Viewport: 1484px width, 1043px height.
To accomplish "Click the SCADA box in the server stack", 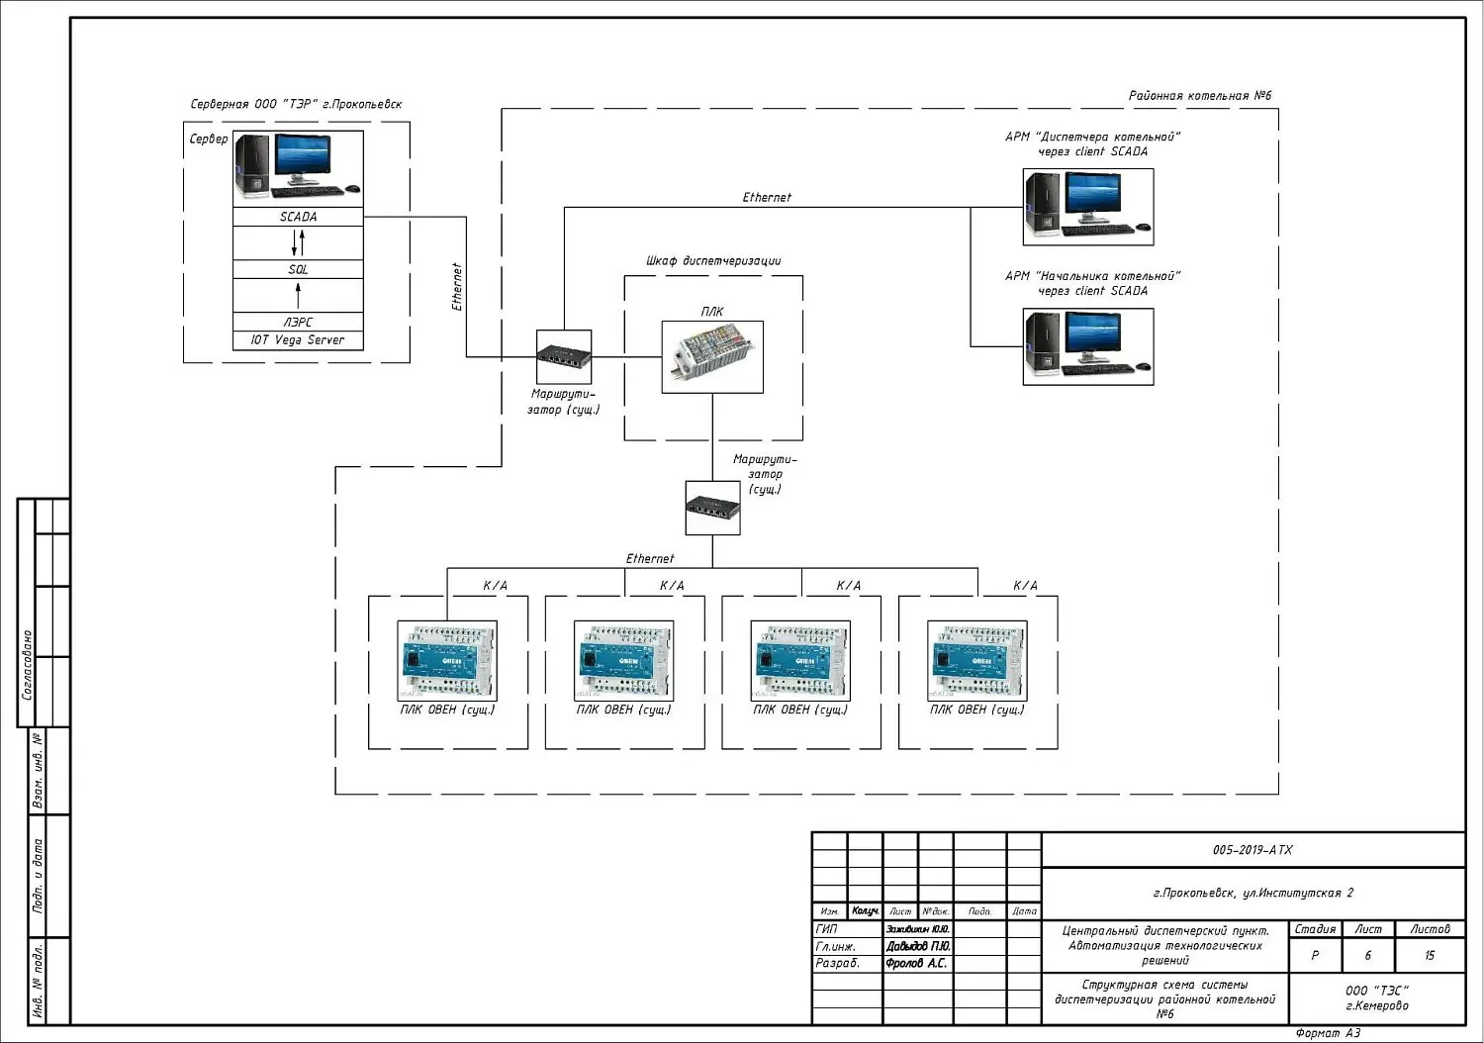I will (x=298, y=217).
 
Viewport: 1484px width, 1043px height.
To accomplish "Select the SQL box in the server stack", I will (x=298, y=269).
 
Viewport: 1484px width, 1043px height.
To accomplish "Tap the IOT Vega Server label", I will (x=298, y=340).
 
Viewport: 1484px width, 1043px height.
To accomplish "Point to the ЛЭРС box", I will (x=298, y=323).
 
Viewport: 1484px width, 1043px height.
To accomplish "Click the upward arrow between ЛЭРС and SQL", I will (x=298, y=295).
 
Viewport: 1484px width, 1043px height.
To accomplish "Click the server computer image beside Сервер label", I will (x=298, y=167).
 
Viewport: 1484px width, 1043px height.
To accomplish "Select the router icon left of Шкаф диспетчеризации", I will (x=564, y=357).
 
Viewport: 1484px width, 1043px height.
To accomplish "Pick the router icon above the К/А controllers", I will (x=712, y=509).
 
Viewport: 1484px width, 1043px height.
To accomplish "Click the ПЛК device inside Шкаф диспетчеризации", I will (x=712, y=357).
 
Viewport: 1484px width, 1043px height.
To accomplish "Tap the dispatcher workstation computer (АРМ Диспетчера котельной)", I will (x=1087, y=206).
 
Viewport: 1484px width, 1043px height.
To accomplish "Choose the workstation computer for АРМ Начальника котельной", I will (x=1087, y=345).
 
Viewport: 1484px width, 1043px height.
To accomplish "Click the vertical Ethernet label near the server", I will (x=457, y=287).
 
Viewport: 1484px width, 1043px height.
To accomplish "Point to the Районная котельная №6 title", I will (x=1200, y=96).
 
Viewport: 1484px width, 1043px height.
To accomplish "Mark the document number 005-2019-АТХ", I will (x=1252, y=850).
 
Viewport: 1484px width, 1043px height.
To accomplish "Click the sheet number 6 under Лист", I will (x=1368, y=956).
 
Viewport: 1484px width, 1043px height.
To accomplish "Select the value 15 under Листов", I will (x=1430, y=956).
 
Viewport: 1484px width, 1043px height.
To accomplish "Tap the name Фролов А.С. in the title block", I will (x=916, y=963).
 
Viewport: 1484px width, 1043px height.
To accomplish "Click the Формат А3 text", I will (x=1328, y=1033).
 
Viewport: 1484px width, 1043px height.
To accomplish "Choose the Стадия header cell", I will (x=1315, y=929).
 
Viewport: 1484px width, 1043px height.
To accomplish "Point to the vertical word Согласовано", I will (x=27, y=665).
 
